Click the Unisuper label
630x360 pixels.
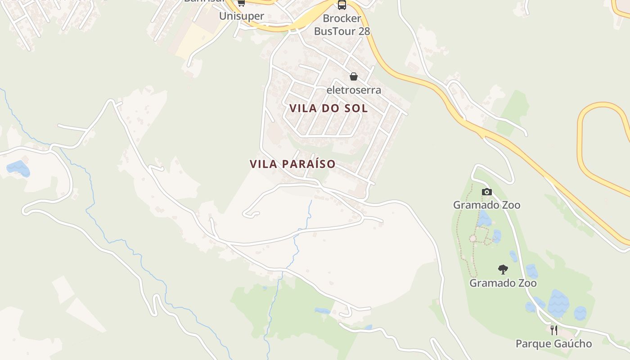pyautogui.click(x=242, y=16)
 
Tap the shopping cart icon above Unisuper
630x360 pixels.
pyautogui.click(x=241, y=3)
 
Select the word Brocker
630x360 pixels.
pyautogui.click(x=342, y=18)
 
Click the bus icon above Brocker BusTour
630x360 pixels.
pyautogui.click(x=342, y=5)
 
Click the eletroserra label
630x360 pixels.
pyautogui.click(x=354, y=90)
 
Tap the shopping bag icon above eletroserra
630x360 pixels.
pyautogui.click(x=354, y=76)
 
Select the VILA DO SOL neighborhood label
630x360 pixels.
pyautogui.click(x=329, y=108)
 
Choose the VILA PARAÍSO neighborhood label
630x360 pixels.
pyautogui.click(x=293, y=164)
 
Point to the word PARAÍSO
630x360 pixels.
pyautogui.click(x=309, y=164)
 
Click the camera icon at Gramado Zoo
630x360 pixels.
pyautogui.click(x=486, y=192)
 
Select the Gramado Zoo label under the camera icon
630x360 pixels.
pyautogui.click(x=486, y=205)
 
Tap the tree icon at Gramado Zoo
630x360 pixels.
pyautogui.click(x=503, y=270)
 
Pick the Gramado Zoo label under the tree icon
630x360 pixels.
pyautogui.click(x=503, y=283)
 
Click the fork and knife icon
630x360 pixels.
pyautogui.click(x=554, y=330)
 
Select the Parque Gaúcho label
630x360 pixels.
pyautogui.click(x=553, y=344)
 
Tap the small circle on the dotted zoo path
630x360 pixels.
pyautogui.click(x=473, y=238)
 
